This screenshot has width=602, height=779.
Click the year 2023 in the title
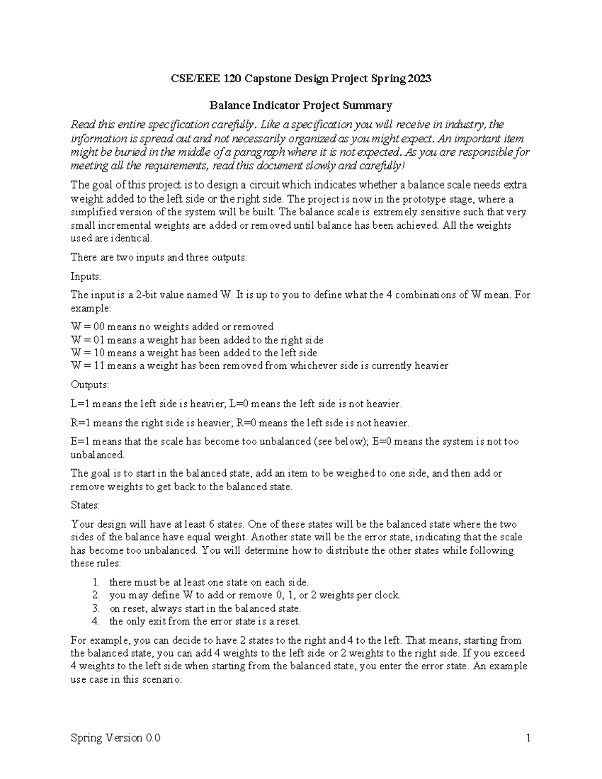[419, 79]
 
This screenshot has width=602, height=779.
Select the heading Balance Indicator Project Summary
[300, 105]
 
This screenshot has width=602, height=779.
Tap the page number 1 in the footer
[528, 738]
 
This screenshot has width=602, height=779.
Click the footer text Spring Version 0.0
[116, 738]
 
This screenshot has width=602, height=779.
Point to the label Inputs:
[86, 276]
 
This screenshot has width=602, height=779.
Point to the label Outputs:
[89, 385]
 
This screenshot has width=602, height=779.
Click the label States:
[85, 505]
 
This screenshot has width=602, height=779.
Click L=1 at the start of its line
[80, 404]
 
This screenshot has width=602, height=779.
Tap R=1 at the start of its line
[81, 423]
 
